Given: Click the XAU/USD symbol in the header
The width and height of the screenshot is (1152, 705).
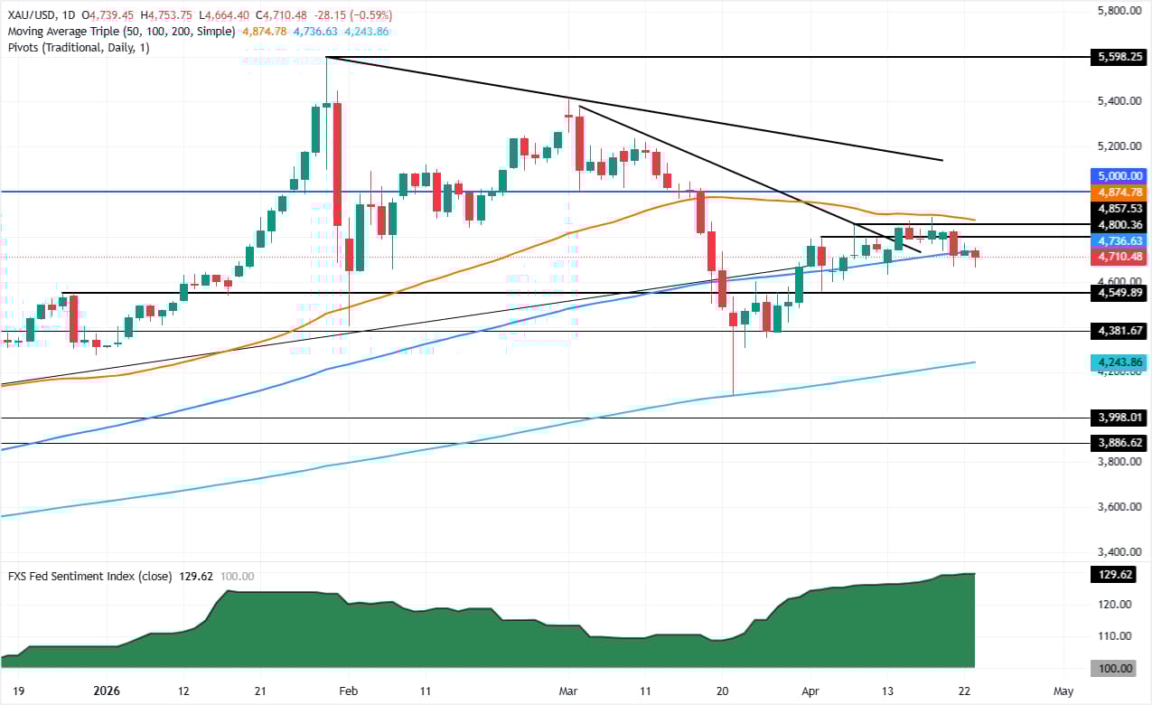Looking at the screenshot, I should coord(34,14).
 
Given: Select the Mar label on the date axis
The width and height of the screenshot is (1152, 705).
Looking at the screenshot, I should coord(567,691).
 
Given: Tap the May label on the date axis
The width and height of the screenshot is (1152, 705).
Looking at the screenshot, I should coord(1063,691).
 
